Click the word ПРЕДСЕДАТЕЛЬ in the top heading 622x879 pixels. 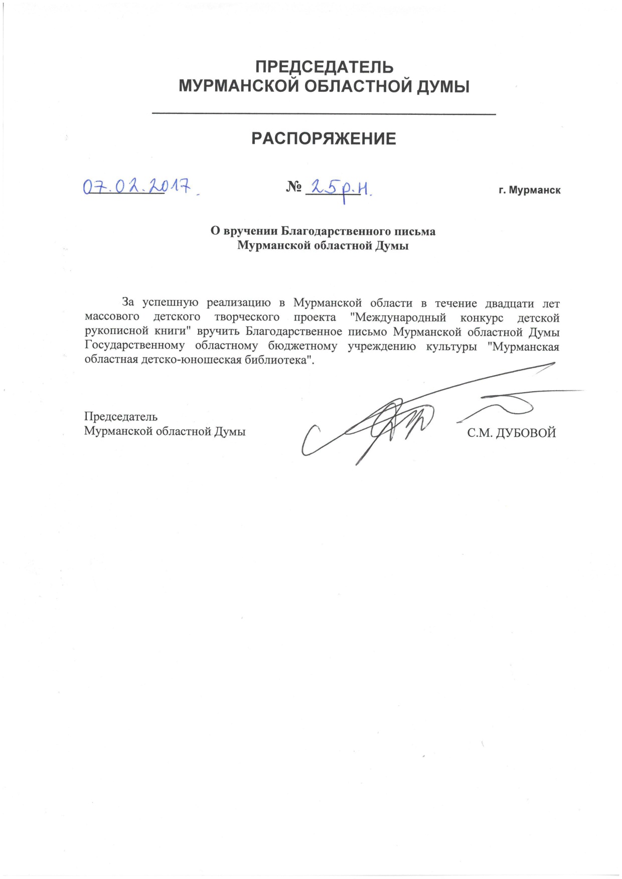pos(324,67)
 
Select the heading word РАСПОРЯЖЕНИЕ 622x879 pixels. pos(324,138)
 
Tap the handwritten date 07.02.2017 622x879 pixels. pos(138,187)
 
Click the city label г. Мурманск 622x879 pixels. pos(529,191)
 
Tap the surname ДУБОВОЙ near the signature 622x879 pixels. pos(526,433)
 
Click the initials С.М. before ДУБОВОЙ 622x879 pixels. pos(479,433)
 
